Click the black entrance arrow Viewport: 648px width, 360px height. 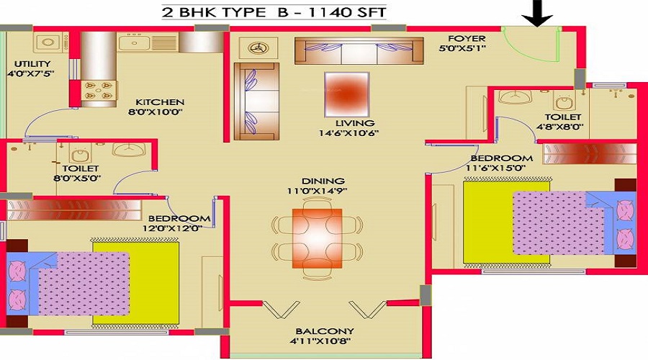pos(537,13)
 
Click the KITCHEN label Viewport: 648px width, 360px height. pos(160,102)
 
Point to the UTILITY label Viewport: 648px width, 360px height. pos(32,64)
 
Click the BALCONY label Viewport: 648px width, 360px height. pos(325,331)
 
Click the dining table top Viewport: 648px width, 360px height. pos(317,238)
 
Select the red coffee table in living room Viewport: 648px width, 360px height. pos(347,94)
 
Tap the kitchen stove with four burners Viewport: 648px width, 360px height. pos(99,91)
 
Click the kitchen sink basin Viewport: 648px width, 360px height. pos(134,43)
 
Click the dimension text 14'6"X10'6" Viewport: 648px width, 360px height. pos(349,133)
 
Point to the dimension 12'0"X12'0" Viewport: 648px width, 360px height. pos(172,228)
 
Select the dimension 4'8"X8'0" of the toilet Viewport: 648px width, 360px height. pos(560,127)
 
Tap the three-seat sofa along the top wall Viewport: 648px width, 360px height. pos(359,51)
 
